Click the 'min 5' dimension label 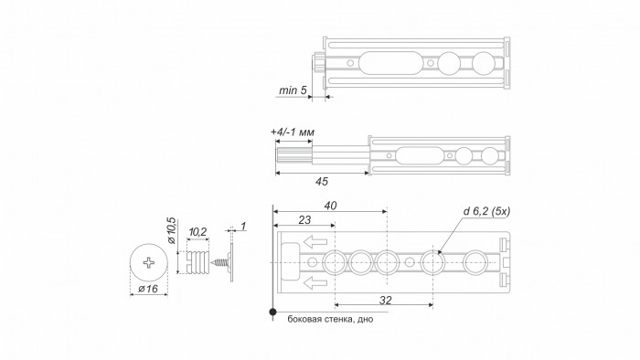pyautogui.click(x=291, y=90)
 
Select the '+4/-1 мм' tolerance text pyautogui.click(x=292, y=132)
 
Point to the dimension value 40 pyautogui.click(x=330, y=207)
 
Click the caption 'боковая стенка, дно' pyautogui.click(x=330, y=320)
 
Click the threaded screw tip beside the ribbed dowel pyautogui.click(x=220, y=263)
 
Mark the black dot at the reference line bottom pyautogui.click(x=272, y=312)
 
